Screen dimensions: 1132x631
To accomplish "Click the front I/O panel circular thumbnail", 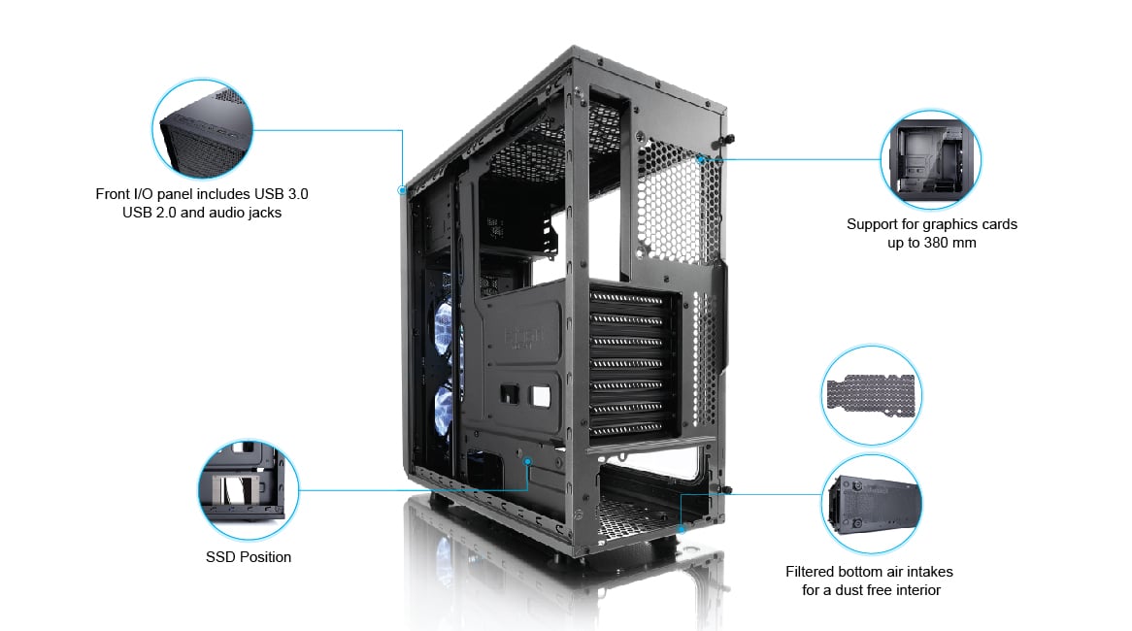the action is coord(202,128).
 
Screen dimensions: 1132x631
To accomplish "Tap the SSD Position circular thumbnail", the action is coord(249,490).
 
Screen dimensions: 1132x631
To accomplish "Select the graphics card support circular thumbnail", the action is coord(931,159).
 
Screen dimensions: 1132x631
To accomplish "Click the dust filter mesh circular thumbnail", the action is coord(872,395).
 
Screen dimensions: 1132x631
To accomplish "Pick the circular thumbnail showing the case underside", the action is coord(872,504).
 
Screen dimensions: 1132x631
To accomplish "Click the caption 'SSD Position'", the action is coord(249,556).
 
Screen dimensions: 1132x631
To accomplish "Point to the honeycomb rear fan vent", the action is coord(679,200).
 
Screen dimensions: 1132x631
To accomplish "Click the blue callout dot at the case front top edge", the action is coord(402,190).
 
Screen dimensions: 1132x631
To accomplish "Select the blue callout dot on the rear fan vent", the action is coord(701,159).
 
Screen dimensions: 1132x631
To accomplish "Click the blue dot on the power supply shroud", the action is coord(528,461).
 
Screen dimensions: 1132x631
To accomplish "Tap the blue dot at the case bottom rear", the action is coord(681,529).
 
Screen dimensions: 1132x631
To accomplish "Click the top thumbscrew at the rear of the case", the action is coord(728,139).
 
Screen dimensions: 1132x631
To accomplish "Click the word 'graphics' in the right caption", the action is coord(950,224).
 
